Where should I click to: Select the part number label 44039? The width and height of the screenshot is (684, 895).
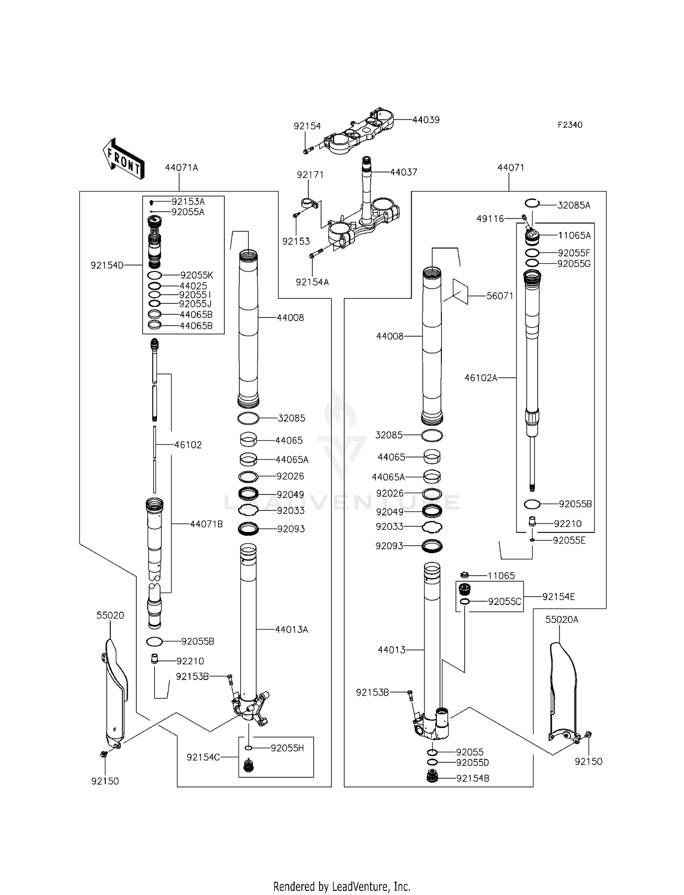coord(426,120)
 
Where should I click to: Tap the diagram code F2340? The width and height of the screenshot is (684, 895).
coord(570,125)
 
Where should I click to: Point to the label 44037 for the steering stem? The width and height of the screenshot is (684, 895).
coord(404,172)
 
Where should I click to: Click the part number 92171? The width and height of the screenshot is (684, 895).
coord(310,175)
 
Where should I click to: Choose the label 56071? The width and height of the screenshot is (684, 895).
coord(500,296)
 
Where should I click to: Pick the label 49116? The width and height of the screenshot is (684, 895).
coord(490,219)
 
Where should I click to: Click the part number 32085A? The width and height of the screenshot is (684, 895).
coord(574,205)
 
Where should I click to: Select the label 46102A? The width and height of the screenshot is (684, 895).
coord(481,378)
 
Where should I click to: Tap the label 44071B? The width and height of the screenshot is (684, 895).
coord(207,524)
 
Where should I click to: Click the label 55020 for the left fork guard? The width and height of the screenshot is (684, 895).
coord(110,615)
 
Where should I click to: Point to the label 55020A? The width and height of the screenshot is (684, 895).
coord(562,619)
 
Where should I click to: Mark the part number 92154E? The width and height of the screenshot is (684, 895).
coord(559,597)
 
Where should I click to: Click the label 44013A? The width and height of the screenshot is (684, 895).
coord(291,630)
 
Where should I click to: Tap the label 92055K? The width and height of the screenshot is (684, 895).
coord(197,276)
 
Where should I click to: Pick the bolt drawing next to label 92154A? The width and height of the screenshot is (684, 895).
coord(316,253)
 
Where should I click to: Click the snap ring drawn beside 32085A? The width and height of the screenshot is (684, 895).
coord(532,203)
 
